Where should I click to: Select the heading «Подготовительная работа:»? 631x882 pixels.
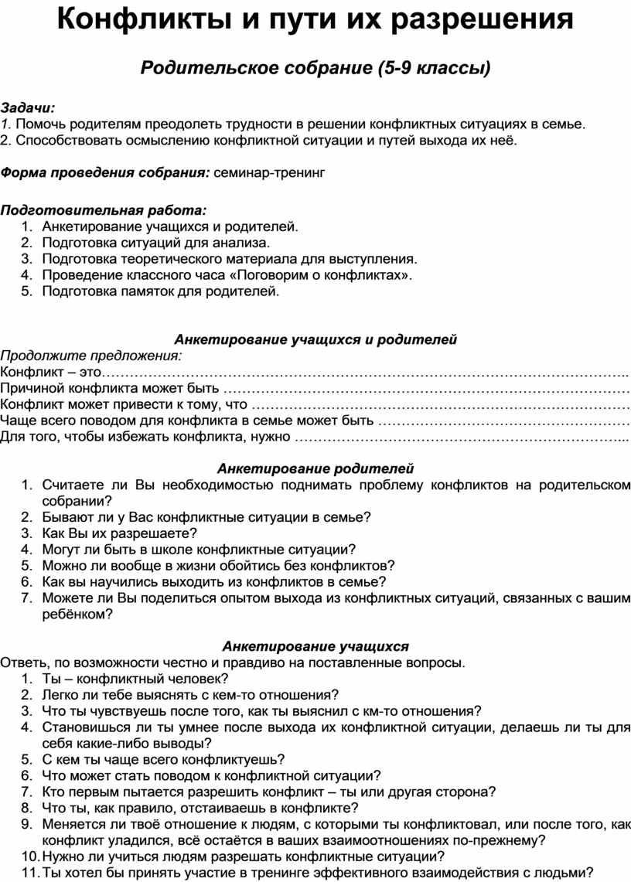click(x=104, y=209)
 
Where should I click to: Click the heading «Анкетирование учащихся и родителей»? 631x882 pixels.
click(x=315, y=339)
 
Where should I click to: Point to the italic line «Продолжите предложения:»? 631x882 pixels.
click(x=91, y=356)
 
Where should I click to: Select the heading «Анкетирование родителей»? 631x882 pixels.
click(x=315, y=468)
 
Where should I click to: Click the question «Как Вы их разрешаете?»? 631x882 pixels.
click(x=120, y=533)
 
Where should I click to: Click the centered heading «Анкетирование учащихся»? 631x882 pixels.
click(x=315, y=646)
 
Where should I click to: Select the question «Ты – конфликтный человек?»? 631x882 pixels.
click(x=135, y=679)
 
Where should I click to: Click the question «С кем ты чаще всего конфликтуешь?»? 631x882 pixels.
click(x=163, y=759)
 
